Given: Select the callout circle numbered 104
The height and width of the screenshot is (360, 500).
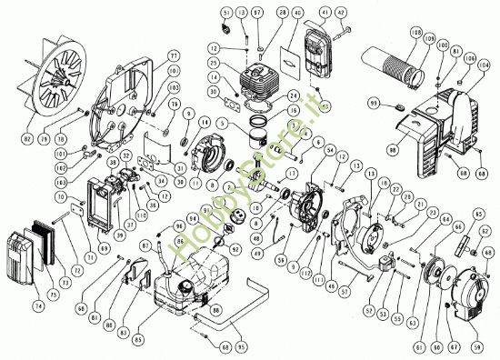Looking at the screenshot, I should coord(482,65).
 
